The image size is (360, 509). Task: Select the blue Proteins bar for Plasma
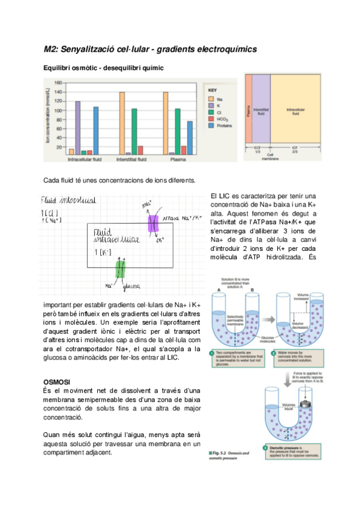(190, 137)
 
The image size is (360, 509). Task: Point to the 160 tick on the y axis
(58, 83)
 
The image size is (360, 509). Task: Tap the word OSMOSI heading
(58, 382)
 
